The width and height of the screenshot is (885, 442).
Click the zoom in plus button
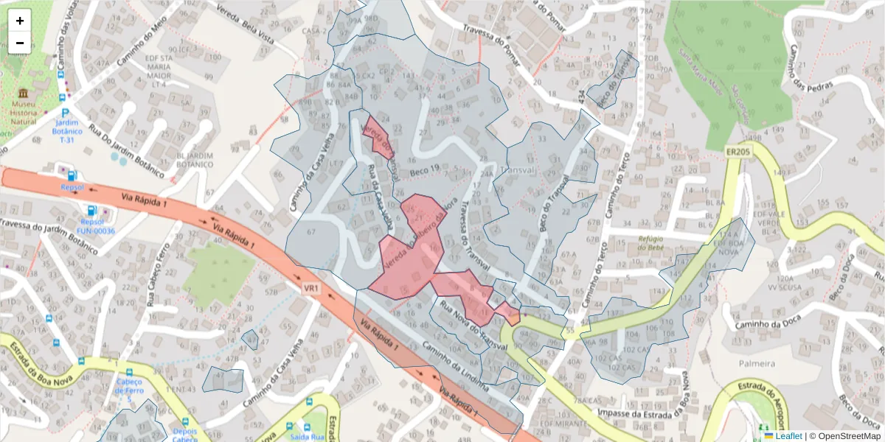coord(20,21)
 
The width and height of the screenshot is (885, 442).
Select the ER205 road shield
coord(737,152)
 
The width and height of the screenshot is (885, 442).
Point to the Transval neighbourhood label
coord(521,170)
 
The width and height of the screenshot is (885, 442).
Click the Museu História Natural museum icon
coord(24,94)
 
